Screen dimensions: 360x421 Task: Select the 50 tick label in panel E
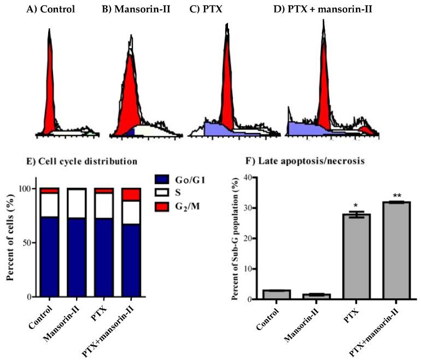pos(30,243)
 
